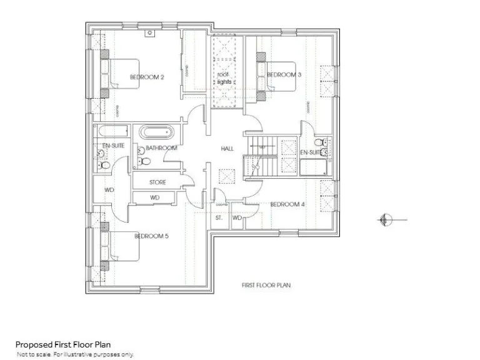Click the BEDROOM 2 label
147,77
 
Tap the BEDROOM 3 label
284,75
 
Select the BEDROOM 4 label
287,204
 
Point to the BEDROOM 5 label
152,236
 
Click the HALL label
227,149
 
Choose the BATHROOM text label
161,148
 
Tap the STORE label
157,182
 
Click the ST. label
219,218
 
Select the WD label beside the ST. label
237,218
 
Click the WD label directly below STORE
155,197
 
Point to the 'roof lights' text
224,78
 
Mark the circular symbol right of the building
385,219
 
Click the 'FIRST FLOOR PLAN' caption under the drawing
266,285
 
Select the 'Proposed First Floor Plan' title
63,344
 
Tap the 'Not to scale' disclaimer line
75,354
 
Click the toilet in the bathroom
144,160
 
